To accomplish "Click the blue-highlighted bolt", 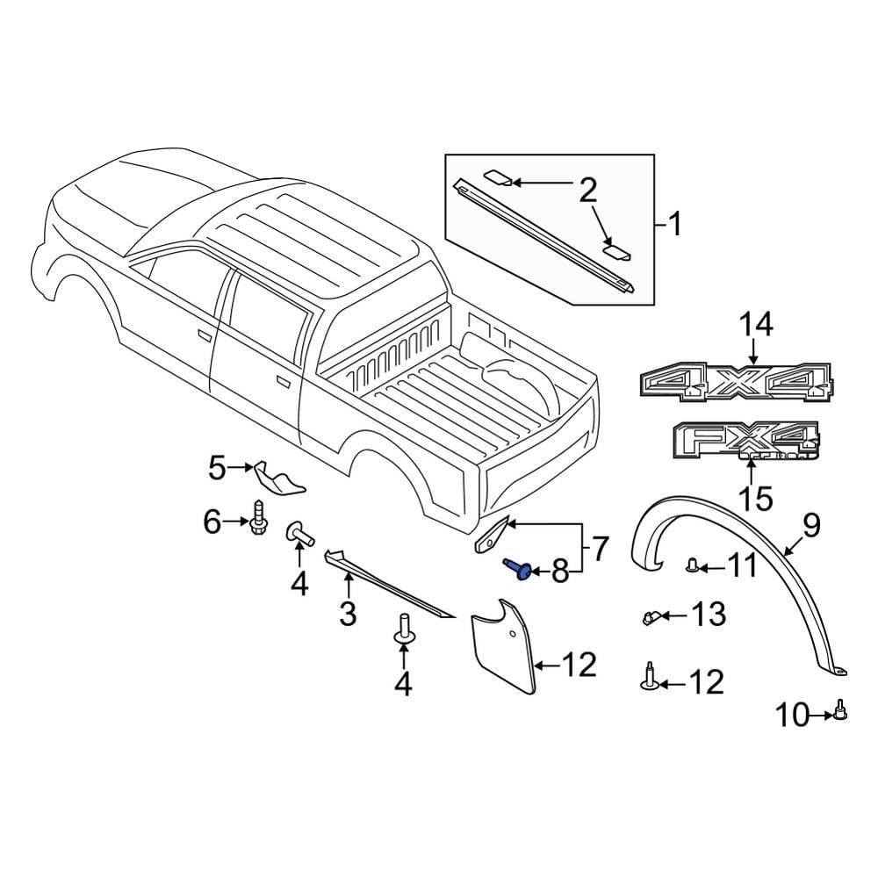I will point(518,569).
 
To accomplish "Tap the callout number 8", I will point(559,572).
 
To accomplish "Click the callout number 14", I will point(755,325).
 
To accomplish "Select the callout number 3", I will point(348,613).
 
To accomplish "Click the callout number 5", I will point(217,468).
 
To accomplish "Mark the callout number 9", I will point(811,526).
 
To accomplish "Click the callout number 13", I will point(709,615).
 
